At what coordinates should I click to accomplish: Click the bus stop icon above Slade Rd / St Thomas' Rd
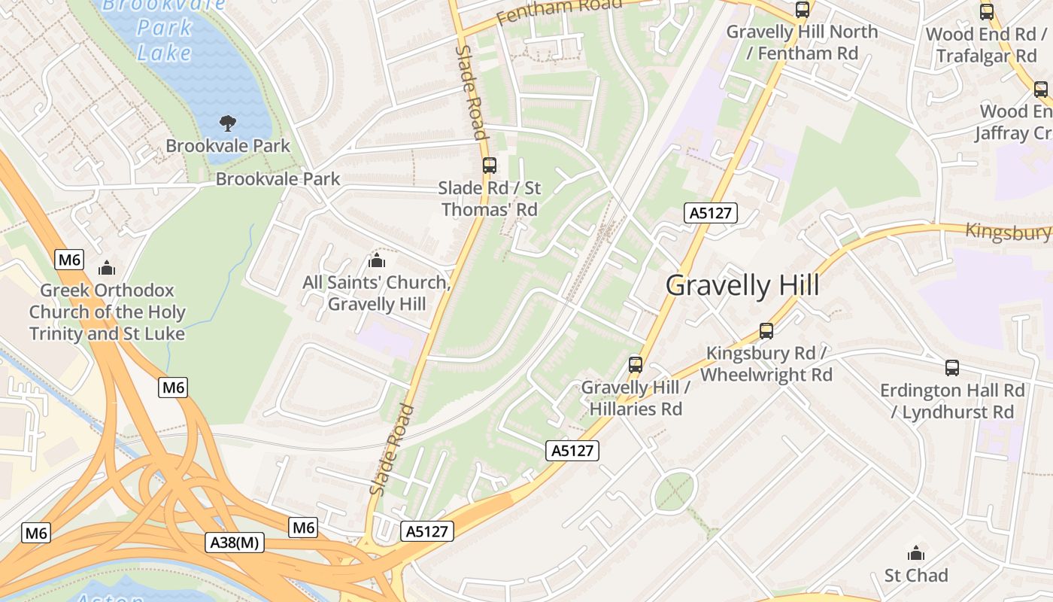point(489,165)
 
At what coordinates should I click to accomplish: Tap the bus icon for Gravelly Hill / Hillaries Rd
point(636,365)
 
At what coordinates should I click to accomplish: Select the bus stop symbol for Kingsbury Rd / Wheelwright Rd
point(766,330)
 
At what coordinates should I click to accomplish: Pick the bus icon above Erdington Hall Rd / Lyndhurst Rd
point(952,368)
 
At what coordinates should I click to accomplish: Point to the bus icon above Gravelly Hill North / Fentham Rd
point(803,10)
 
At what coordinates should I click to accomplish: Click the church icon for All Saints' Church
point(376,260)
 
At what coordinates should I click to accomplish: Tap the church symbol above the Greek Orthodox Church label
point(107,268)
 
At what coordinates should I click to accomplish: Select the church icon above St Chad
point(916,553)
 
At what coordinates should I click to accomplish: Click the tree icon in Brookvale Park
point(227,123)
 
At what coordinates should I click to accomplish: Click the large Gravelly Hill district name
point(742,286)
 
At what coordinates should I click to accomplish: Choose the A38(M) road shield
point(235,543)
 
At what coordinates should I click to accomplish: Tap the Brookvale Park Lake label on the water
point(164,30)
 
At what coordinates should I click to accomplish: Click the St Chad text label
point(916,576)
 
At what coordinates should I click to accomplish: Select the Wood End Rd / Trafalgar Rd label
point(986,45)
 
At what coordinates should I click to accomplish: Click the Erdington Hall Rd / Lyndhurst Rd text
point(952,401)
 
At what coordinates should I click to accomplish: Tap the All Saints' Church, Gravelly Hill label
point(376,293)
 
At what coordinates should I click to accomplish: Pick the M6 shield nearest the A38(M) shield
point(303,528)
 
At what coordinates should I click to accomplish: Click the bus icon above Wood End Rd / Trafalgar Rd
point(986,12)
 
